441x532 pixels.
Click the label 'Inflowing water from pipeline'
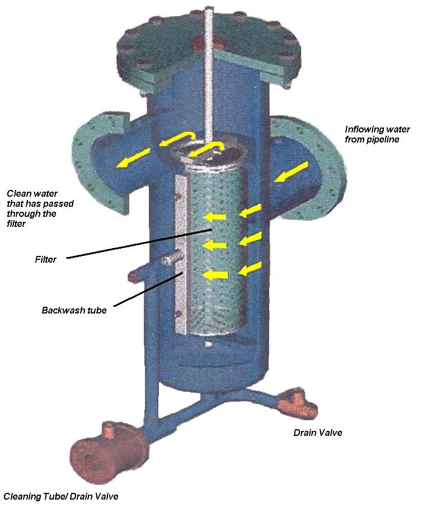coord(372,134)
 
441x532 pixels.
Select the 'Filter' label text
coord(45,259)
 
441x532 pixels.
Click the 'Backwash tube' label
coord(74,310)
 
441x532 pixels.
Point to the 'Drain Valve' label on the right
coord(317,432)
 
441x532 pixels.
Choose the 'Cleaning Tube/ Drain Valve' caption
coord(61,496)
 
